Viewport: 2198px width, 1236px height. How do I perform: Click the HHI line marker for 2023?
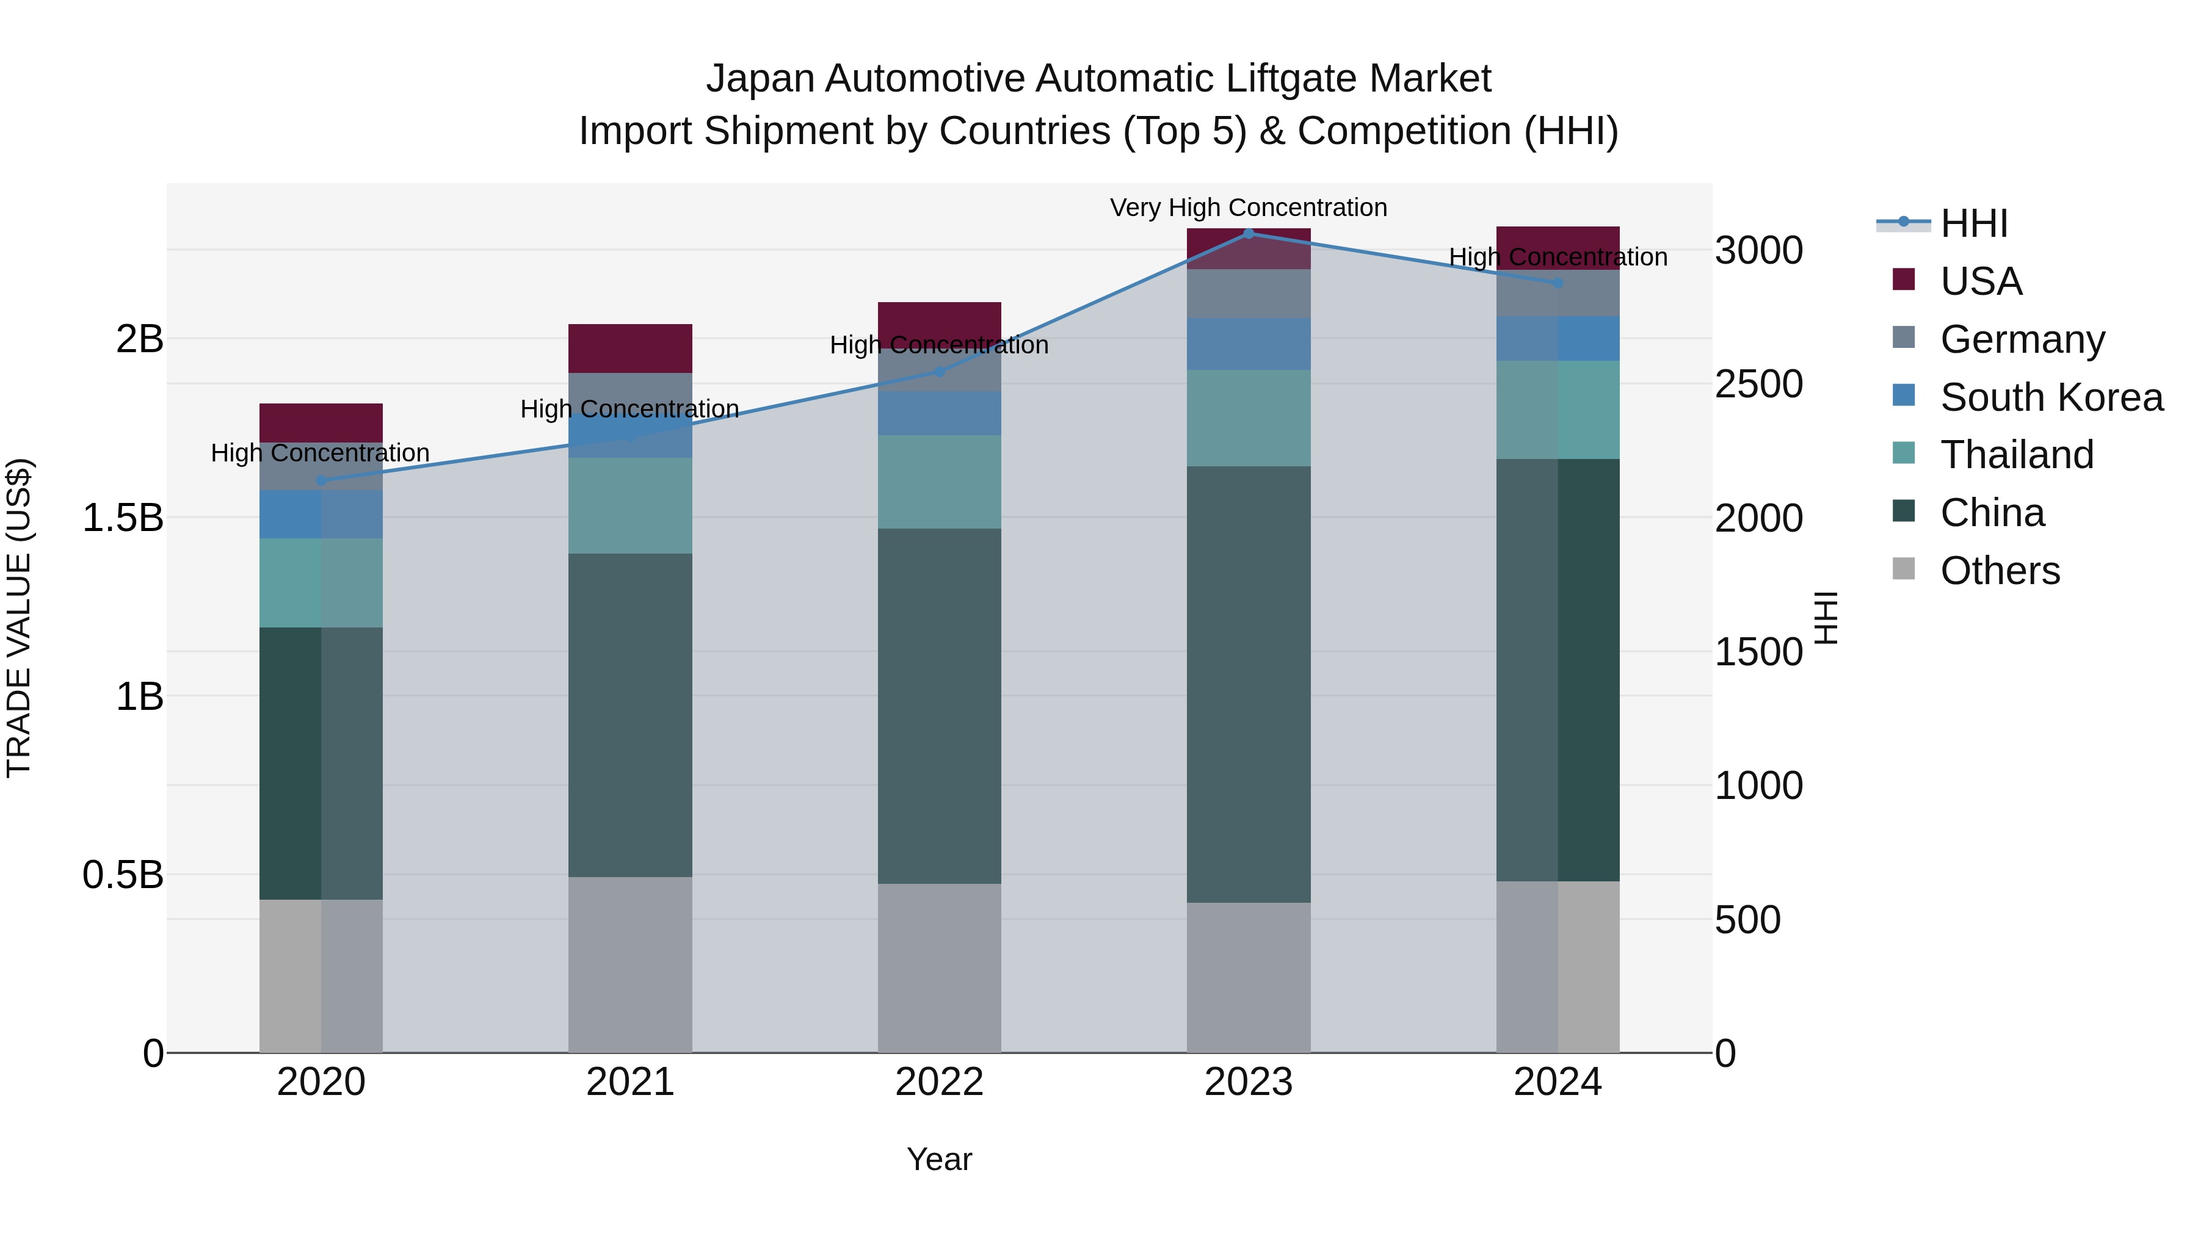(1249, 234)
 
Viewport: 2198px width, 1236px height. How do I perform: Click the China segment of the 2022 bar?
(940, 706)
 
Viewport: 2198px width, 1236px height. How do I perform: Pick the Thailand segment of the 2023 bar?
(1249, 418)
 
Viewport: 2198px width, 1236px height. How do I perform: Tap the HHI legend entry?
(1973, 223)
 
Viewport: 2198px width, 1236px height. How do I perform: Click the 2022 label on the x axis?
(940, 1082)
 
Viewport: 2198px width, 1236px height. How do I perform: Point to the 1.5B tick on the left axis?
(123, 518)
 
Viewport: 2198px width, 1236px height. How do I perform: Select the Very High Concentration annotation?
(1249, 208)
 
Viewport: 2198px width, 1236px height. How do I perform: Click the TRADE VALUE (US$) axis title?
(19, 618)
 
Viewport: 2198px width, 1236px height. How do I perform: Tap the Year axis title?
(940, 1159)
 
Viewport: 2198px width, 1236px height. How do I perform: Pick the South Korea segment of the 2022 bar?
(940, 414)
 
